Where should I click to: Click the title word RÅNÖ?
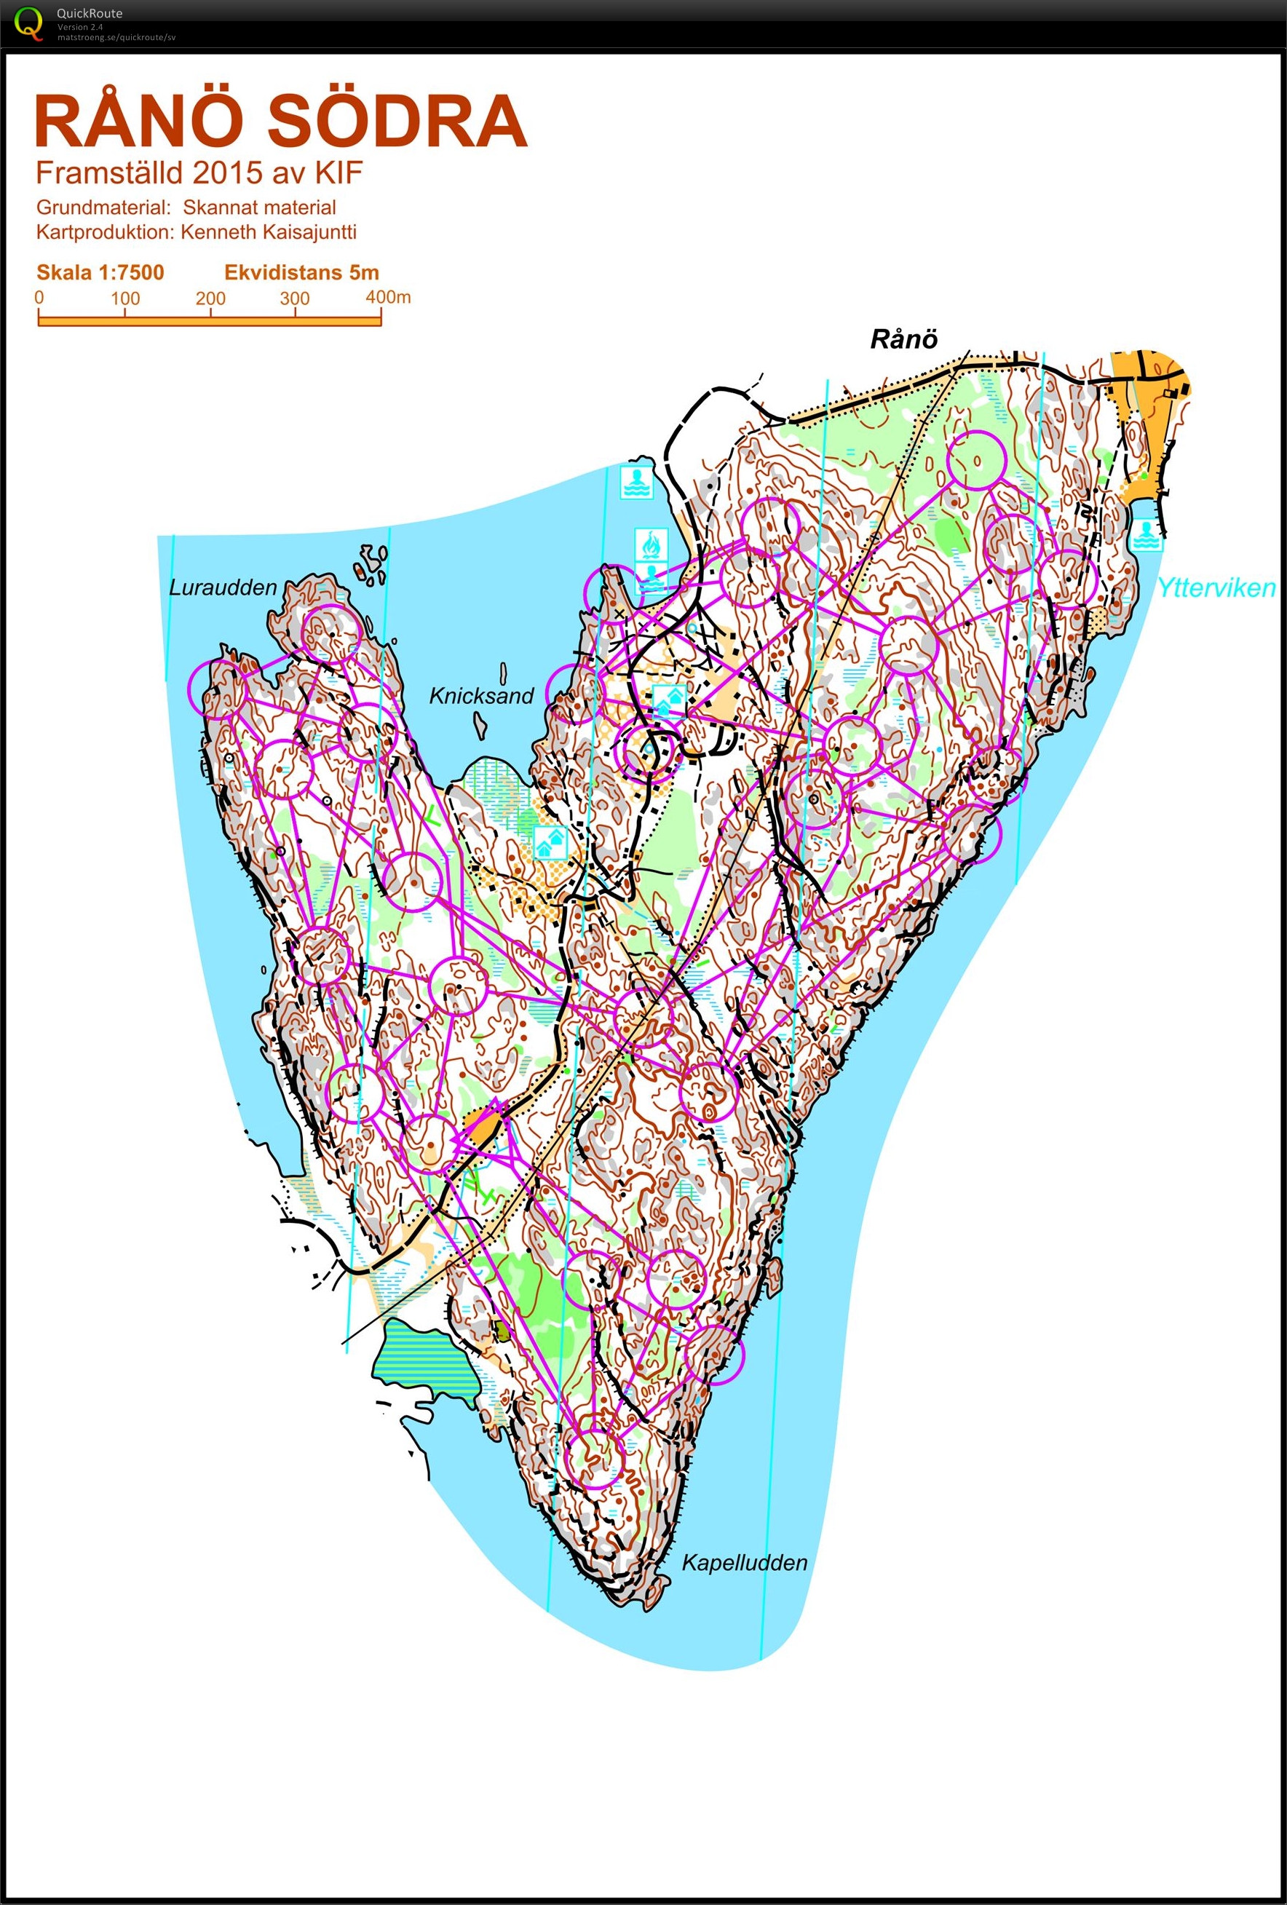139,122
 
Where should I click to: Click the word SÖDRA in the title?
397,122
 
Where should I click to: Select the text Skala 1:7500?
100,272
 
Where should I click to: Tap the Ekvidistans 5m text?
301,272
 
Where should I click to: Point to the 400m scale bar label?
388,297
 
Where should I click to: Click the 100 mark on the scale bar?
124,298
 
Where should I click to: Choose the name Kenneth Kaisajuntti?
268,232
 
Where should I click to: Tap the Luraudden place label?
223,587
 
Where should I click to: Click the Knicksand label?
481,696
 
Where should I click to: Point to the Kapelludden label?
745,1562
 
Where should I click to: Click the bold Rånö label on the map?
903,339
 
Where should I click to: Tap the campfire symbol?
651,544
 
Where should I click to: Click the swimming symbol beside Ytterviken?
1145,535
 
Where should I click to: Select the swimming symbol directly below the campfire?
651,577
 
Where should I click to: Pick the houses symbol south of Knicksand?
550,841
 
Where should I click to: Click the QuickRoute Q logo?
28,22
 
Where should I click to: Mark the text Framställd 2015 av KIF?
199,173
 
